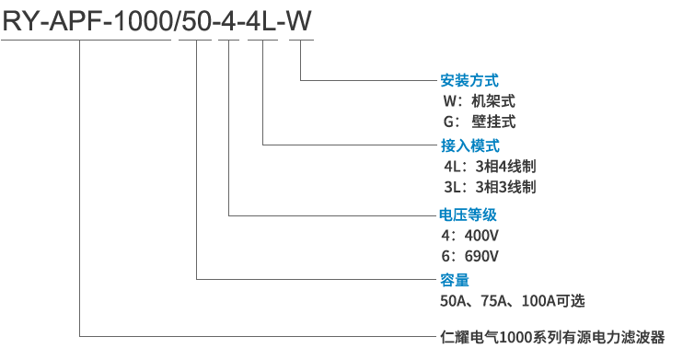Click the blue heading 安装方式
click(x=469, y=80)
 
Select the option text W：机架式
click(x=479, y=100)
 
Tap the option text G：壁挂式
click(x=479, y=122)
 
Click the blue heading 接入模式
click(x=469, y=145)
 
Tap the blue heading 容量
click(x=455, y=280)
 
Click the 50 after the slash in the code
click(x=196, y=21)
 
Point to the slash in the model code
click(x=177, y=21)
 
